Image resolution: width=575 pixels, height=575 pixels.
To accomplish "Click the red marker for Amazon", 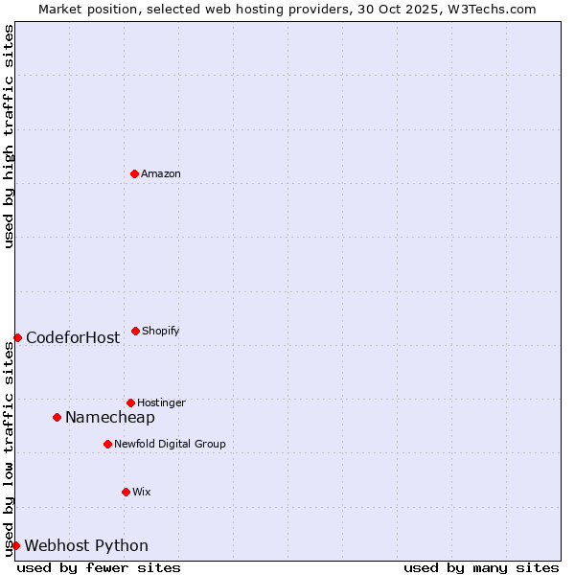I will coord(134,173).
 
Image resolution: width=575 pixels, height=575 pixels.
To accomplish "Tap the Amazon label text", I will coord(161,173).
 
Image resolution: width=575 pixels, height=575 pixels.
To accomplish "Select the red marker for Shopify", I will coord(135,331).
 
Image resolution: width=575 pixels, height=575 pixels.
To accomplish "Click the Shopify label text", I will coord(161,331).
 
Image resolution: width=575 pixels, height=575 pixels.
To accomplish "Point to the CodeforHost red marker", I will coord(17,337).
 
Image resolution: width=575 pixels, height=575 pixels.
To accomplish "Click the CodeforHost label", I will coord(73,337).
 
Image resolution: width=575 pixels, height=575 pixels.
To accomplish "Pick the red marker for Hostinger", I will coord(130,402).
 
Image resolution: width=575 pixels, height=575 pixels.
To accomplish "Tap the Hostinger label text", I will coord(161,402).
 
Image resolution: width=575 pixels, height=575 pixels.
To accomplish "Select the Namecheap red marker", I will coord(57,417).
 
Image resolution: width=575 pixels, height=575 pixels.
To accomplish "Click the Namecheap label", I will coord(110,417).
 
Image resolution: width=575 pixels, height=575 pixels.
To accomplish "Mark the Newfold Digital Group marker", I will coord(107,444).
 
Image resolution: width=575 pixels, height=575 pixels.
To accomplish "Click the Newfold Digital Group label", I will coord(170,444).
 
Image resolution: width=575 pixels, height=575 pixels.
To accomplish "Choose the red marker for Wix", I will coord(126,492).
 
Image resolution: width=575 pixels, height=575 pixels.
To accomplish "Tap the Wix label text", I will coord(142,492).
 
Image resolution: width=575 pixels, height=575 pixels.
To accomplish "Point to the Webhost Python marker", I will coord(16,545).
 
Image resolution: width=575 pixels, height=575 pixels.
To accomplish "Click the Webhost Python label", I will coord(86,546).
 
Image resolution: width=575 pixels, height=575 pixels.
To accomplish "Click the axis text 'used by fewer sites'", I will coord(99,567).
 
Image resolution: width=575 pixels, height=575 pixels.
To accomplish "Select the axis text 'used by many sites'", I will coord(481,567).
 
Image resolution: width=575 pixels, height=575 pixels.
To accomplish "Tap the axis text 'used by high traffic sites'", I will coord(9,136).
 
